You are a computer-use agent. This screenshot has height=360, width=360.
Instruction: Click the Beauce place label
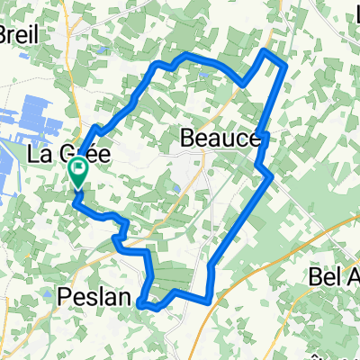click(x=220, y=139)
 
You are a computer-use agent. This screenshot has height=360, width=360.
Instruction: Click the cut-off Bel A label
click(x=334, y=275)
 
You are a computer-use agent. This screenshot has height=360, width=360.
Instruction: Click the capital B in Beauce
click(x=189, y=139)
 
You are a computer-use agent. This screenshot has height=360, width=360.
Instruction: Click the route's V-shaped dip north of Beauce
click(x=244, y=85)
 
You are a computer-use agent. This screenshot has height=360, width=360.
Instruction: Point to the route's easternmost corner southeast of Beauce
click(x=272, y=177)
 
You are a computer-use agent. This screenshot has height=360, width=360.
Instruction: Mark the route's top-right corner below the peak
click(x=286, y=66)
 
